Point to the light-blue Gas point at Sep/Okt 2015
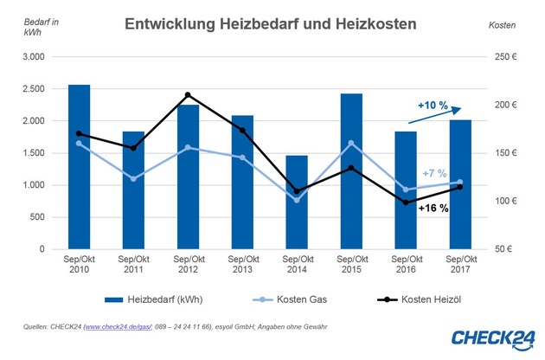click(x=350, y=143)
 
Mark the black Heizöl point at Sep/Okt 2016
click(x=405, y=202)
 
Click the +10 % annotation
click(x=432, y=106)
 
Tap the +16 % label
click(x=433, y=208)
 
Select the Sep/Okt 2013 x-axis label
click(x=242, y=265)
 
